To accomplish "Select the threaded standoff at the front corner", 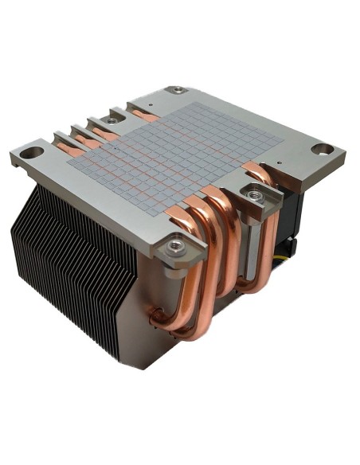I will (x=177, y=249).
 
